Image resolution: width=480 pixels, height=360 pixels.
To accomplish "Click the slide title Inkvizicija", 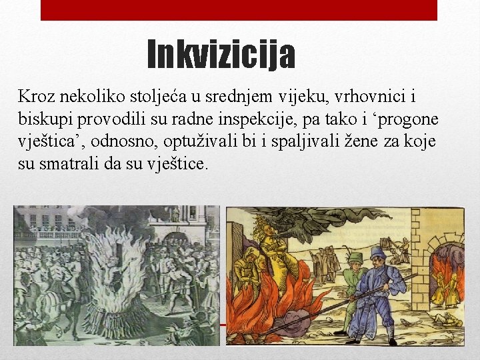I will (x=220, y=55).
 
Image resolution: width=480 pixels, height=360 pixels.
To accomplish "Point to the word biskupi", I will (x=47, y=119).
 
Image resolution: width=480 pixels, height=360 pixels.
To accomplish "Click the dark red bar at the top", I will (x=239, y=10).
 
